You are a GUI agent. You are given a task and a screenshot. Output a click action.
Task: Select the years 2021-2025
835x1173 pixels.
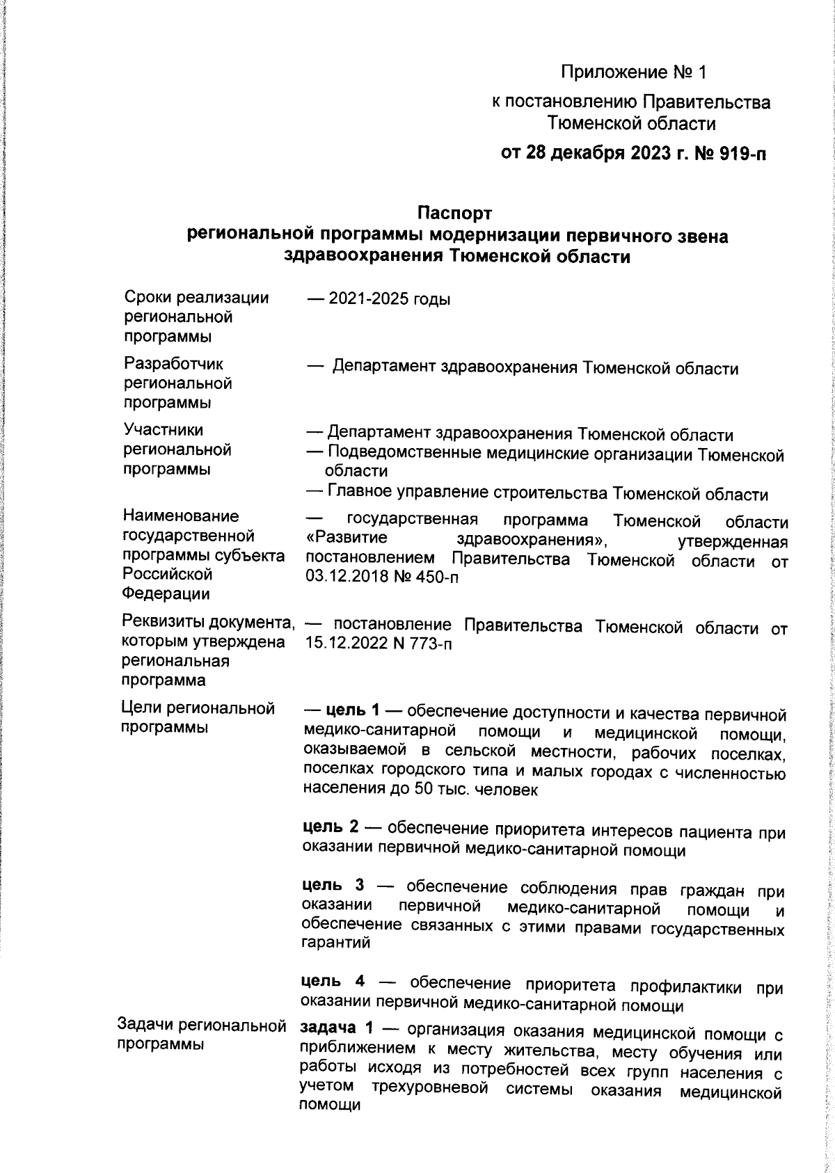[x=367, y=300]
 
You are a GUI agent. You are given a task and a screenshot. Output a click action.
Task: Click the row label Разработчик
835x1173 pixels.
[x=173, y=364]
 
